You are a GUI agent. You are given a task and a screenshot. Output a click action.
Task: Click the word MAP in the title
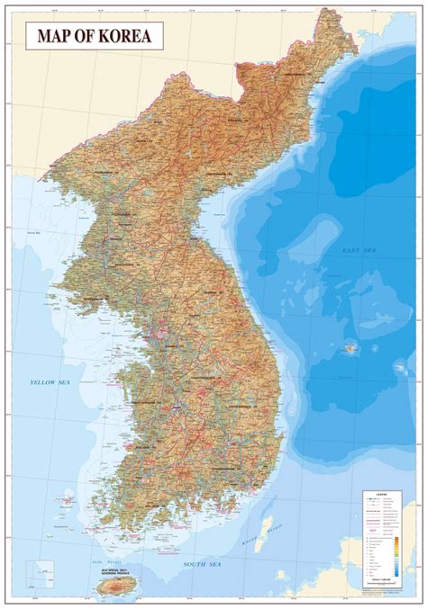(57, 37)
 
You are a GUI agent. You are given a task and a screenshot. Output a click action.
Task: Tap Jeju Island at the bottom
(114, 586)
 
